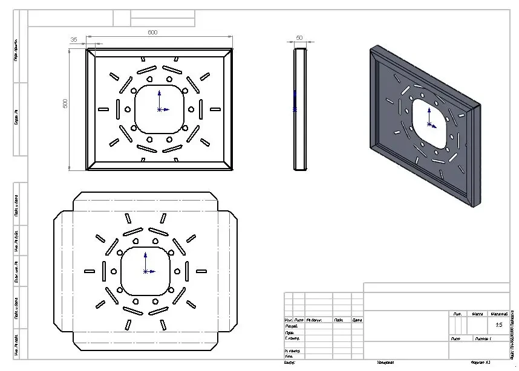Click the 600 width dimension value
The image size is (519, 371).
pos(152,33)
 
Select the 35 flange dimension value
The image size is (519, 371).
pos(74,39)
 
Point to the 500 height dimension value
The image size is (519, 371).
pos(65,103)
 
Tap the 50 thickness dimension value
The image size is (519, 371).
pos(299,39)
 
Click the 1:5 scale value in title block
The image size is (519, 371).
pos(499,325)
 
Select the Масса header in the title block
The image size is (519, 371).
pos(477,314)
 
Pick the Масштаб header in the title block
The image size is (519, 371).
pos(499,314)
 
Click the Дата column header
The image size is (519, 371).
pos(357,320)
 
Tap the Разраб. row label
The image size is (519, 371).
pos(292,326)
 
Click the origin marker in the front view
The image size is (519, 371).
pos(159,109)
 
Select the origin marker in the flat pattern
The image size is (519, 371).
pos(145,271)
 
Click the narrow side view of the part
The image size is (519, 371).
pos(300,109)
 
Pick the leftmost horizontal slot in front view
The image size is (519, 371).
pos(103,109)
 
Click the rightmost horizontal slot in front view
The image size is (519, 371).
pos(215,109)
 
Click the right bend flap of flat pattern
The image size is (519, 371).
pos(229,271)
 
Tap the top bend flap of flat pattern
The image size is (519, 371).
pos(145,202)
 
